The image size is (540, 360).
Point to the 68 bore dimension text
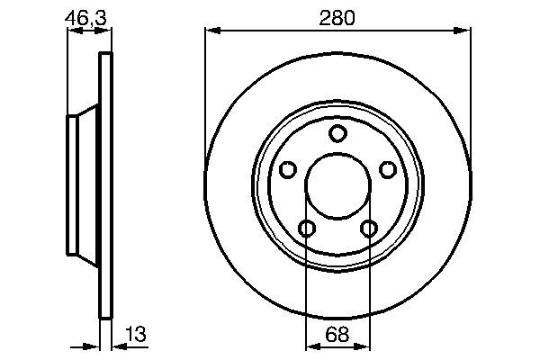[337, 334]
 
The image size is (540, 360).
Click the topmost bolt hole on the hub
[337, 134]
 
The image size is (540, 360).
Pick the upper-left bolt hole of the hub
[288, 169]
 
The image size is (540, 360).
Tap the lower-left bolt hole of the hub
[307, 228]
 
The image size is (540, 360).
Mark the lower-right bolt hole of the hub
[368, 228]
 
